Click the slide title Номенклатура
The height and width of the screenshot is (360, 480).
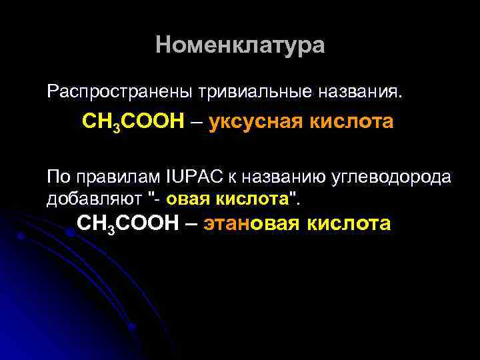[240, 45]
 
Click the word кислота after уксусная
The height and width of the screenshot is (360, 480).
[351, 123]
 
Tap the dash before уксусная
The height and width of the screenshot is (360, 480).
[196, 123]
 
